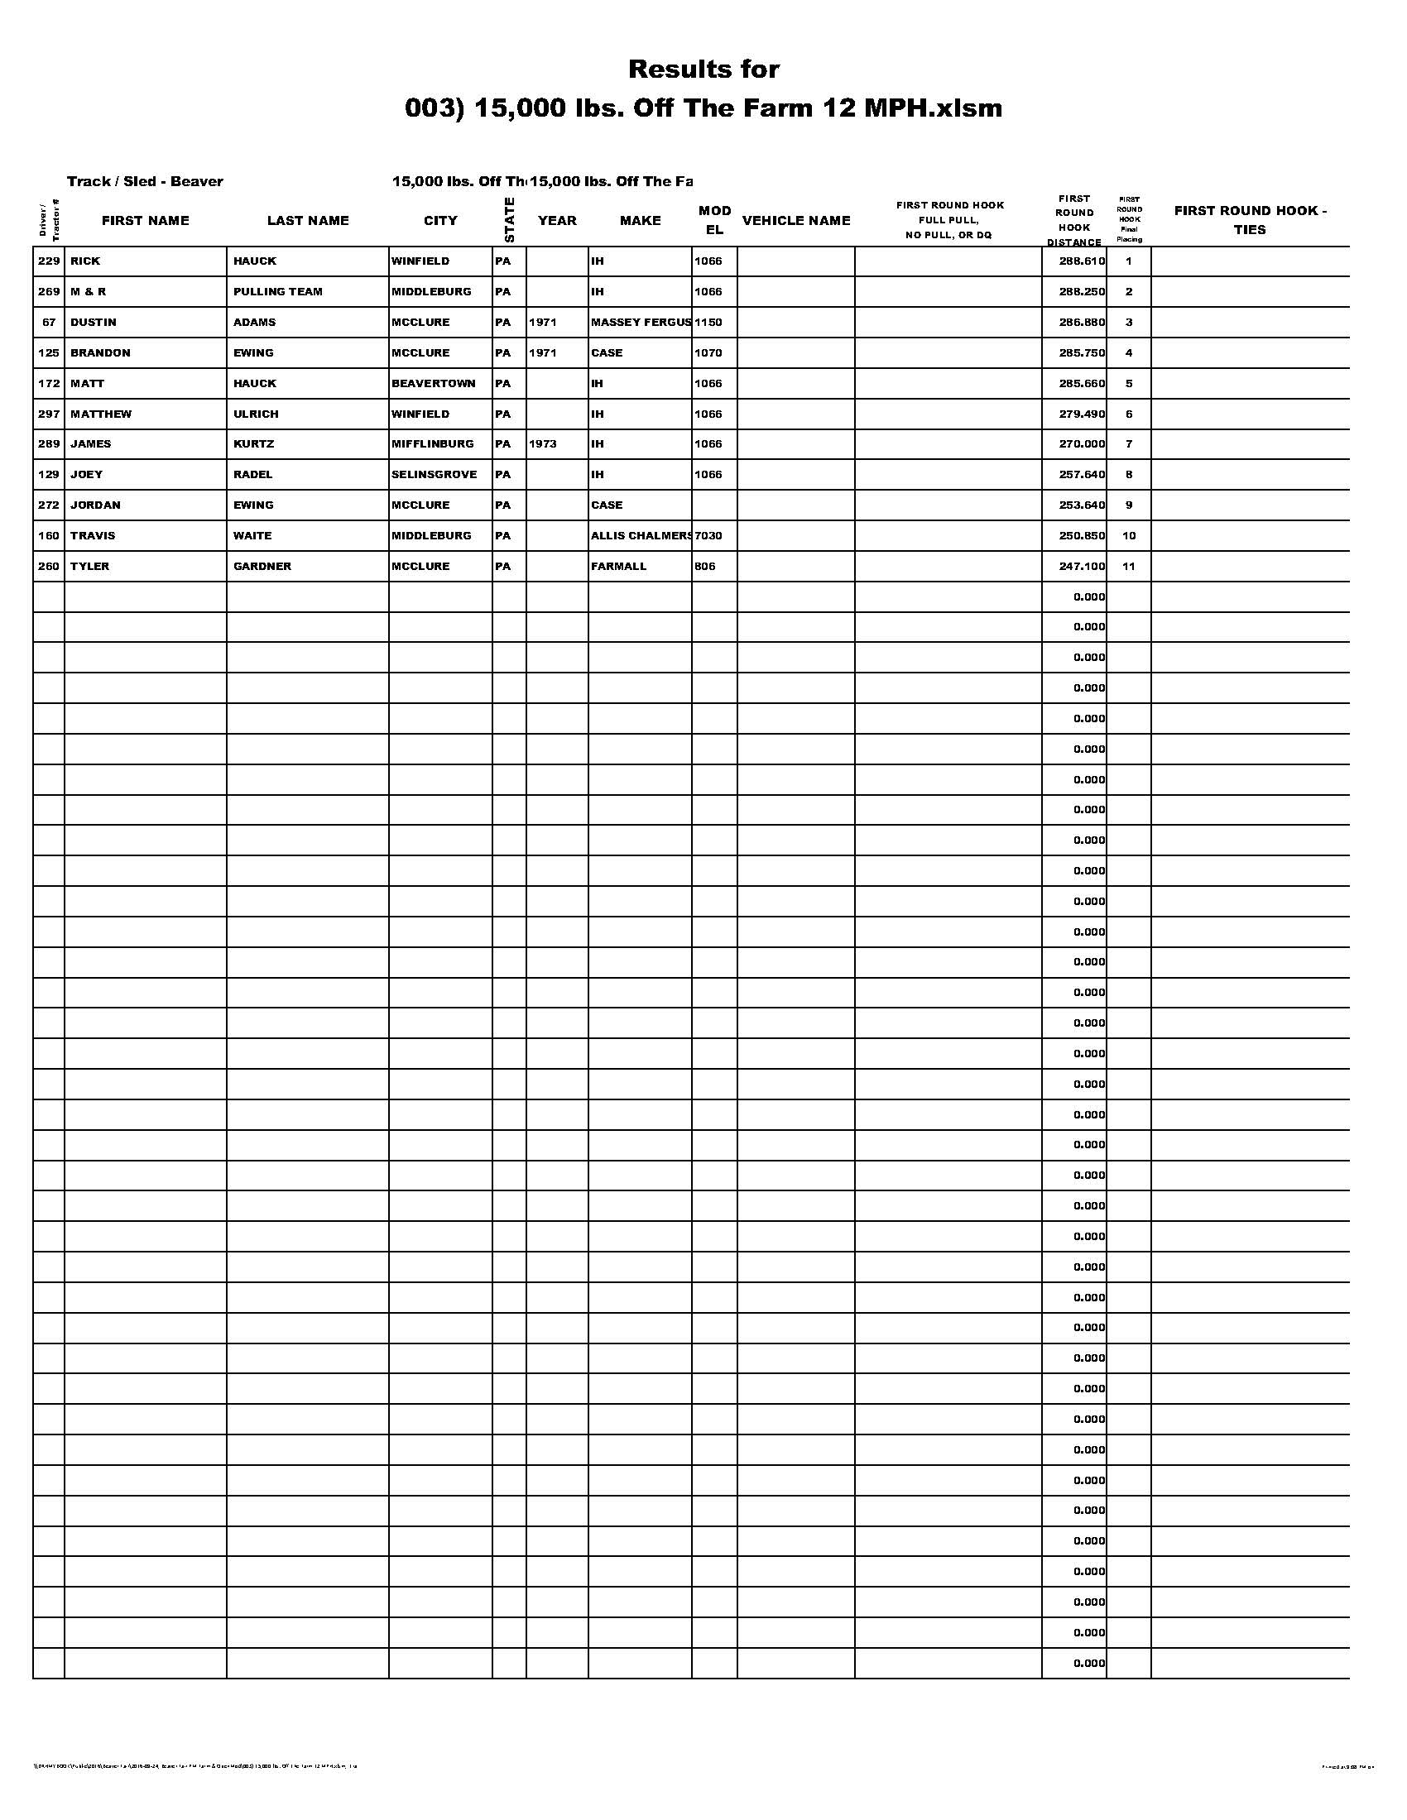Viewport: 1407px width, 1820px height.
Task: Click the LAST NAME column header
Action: [x=308, y=221]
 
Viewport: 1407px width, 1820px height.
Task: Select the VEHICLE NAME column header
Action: [x=796, y=221]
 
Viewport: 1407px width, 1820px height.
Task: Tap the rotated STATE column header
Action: [x=509, y=220]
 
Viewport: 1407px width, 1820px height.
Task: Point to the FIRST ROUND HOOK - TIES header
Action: [x=1250, y=220]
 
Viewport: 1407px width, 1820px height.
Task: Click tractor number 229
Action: [x=49, y=261]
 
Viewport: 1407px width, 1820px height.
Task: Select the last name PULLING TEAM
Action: [x=277, y=292]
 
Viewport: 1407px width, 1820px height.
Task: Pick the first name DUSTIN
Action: [x=94, y=323]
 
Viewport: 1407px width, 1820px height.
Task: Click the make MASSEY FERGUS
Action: [x=640, y=323]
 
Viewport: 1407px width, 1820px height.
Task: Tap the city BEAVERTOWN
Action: [x=434, y=383]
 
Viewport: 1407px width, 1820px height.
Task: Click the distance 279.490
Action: [x=1082, y=414]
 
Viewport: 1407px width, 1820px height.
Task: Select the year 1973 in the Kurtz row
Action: [x=543, y=444]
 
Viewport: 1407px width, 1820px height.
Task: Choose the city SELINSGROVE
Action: [x=435, y=475]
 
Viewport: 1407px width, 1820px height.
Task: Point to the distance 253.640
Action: [x=1082, y=505]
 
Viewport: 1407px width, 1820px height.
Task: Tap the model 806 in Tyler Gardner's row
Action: [x=704, y=567]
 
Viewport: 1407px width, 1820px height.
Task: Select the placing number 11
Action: [x=1129, y=567]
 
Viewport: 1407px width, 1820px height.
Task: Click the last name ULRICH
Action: [x=256, y=414]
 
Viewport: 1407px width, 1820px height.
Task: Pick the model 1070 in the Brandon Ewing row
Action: [x=708, y=353]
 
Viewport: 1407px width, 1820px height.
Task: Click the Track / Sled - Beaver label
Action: [x=145, y=182]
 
